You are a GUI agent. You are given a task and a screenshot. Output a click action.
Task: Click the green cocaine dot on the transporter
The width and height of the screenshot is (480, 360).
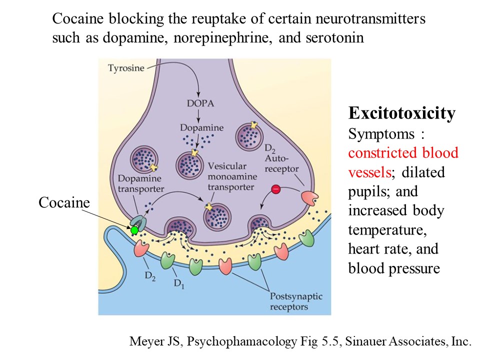click(134, 230)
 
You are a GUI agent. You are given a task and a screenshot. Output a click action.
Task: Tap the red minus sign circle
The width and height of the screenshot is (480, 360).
click(275, 189)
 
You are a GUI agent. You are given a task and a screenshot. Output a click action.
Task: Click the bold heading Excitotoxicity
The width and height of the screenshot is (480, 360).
click(401, 113)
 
